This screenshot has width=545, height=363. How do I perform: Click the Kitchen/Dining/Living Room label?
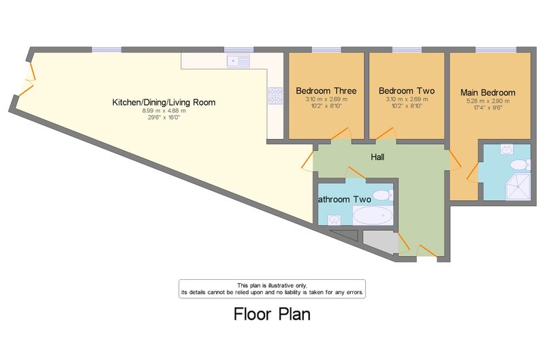coord(163,102)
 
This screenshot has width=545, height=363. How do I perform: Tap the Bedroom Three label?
coord(326,91)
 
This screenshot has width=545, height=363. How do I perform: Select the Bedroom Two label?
coord(407,91)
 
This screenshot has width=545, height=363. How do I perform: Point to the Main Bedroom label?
coord(488,93)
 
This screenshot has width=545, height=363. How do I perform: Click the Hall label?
coord(377,157)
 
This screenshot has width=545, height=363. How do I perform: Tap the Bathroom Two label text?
coord(345,200)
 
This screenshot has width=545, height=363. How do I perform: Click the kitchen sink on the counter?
coord(238,61)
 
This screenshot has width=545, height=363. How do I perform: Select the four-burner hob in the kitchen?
coord(275,96)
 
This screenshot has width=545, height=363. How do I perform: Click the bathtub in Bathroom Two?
coord(373,215)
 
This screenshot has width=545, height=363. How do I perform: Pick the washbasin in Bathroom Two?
coord(334,219)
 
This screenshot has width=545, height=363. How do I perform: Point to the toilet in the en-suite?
coord(520,164)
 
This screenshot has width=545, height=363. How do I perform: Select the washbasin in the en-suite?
coord(507,149)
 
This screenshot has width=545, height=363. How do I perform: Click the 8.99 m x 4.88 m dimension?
coord(163,111)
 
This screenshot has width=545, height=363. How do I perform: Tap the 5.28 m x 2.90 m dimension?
coord(488,101)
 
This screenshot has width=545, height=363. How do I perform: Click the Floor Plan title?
coord(272,314)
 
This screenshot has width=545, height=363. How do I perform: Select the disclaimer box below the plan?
coord(272,289)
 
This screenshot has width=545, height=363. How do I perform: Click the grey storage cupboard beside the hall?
coord(380,242)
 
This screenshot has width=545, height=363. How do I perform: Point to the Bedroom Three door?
coord(341,133)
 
